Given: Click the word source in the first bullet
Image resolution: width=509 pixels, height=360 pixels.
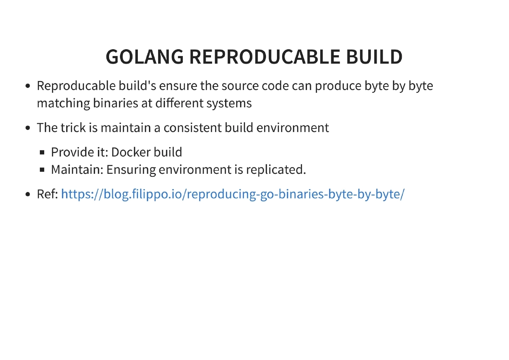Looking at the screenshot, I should click(238, 86).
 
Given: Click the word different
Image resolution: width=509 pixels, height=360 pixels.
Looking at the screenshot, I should click(179, 103).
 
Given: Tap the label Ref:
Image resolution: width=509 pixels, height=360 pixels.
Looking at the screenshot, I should click(47, 195).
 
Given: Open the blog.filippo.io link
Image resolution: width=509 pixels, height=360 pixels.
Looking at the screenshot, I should click(233, 195).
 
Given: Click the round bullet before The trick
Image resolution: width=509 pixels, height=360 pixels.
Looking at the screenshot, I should click(28, 128).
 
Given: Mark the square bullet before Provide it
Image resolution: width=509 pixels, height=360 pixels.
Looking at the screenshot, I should click(42, 152).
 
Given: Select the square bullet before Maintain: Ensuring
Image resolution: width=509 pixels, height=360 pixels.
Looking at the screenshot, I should click(42, 170).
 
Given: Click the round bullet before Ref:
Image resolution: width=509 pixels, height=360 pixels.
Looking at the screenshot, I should click(28, 195).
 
